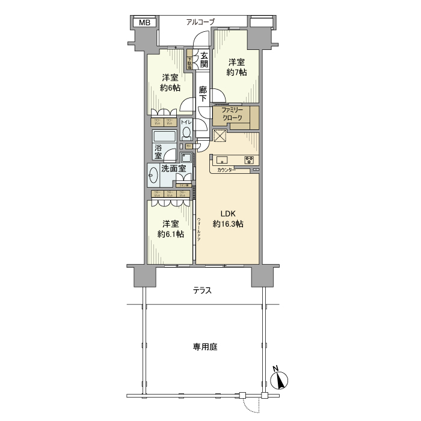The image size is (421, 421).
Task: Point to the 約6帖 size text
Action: (170, 88)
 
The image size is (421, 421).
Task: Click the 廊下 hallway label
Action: (204, 94)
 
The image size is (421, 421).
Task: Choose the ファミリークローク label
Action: (232, 114)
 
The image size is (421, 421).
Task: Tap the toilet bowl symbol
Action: (186, 132)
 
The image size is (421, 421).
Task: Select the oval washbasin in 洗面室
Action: (153, 176)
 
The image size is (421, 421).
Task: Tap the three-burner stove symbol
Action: (249, 160)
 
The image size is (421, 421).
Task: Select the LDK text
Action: (227, 213)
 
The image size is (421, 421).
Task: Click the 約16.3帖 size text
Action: (227, 224)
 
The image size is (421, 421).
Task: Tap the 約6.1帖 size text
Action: (170, 234)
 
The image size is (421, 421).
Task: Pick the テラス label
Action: (202, 290)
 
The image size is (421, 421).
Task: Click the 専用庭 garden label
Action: (205, 347)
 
